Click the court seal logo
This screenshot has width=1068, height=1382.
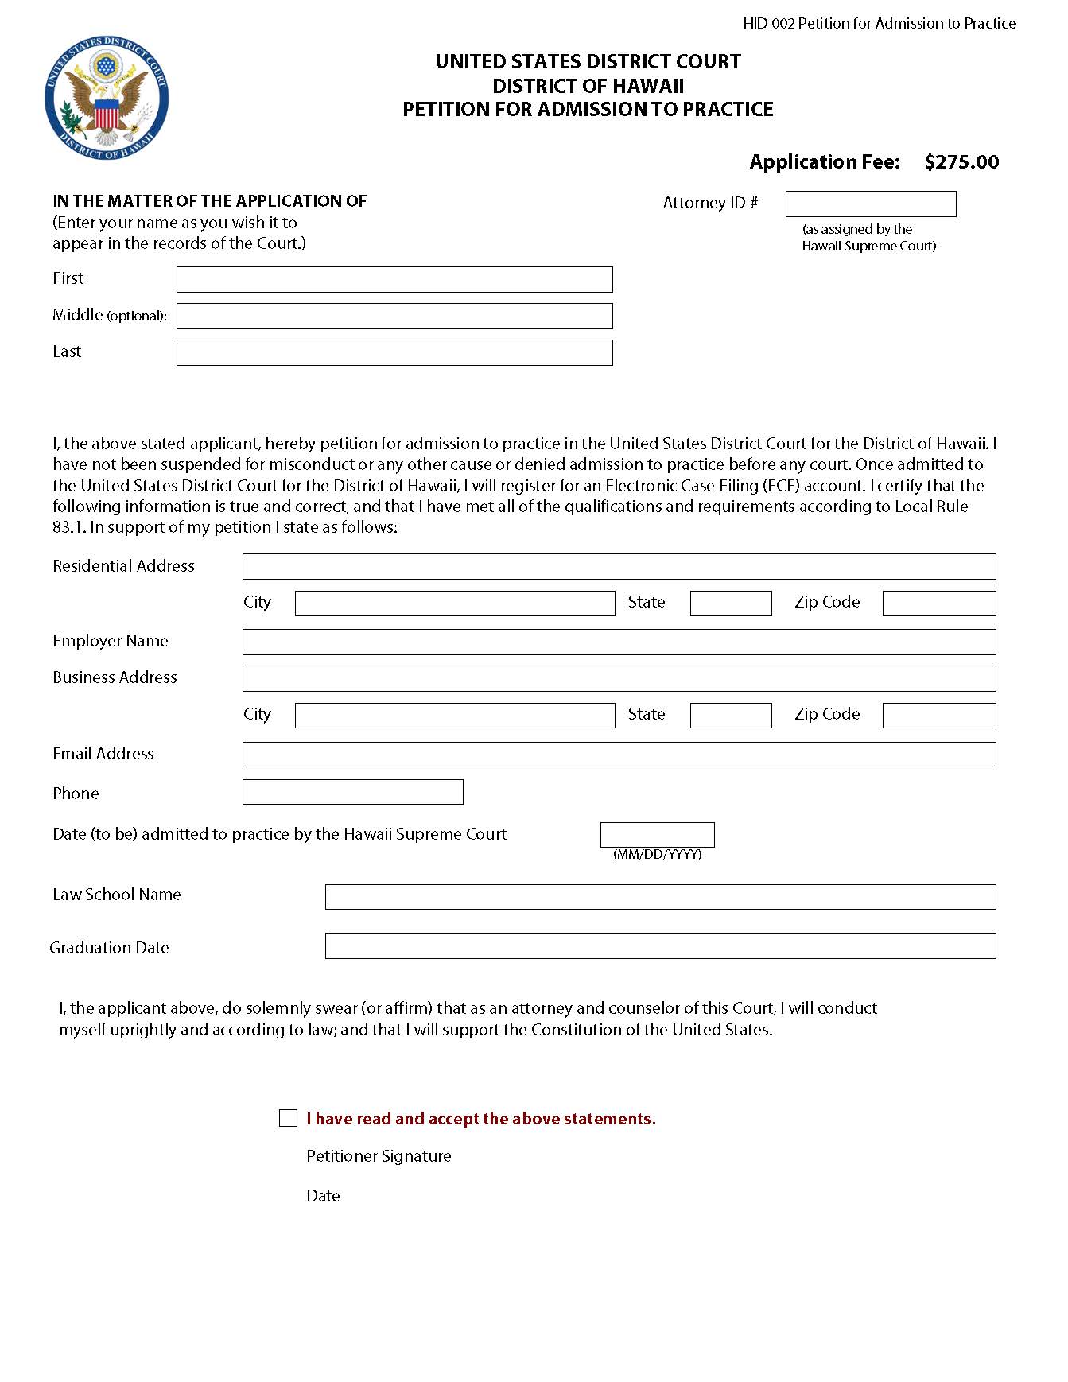pyautogui.click(x=107, y=99)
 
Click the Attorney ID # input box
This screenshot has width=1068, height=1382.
pyautogui.click(x=870, y=204)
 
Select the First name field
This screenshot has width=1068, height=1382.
pyautogui.click(x=394, y=280)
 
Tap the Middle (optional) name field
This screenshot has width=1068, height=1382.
pyautogui.click(x=394, y=316)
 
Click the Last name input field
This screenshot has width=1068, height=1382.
pyautogui.click(x=394, y=353)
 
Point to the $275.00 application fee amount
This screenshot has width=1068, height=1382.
pyautogui.click(x=961, y=162)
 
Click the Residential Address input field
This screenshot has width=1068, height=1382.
pyautogui.click(x=619, y=567)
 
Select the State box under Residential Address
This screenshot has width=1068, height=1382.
pyautogui.click(x=730, y=604)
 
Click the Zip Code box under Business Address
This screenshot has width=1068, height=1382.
pyautogui.click(x=938, y=716)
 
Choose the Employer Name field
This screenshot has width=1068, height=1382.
pyautogui.click(x=619, y=642)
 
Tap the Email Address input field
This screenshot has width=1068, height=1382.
pyautogui.click(x=619, y=755)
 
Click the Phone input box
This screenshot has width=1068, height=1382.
pyautogui.click(x=352, y=792)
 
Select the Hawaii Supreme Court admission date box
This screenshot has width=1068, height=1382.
pyautogui.click(x=657, y=835)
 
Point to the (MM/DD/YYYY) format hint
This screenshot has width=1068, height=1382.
pyautogui.click(x=657, y=855)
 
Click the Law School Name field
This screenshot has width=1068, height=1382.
pyautogui.click(x=660, y=897)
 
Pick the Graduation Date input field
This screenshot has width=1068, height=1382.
pyautogui.click(x=660, y=946)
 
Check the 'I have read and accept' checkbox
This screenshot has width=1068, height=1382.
pyautogui.click(x=288, y=1118)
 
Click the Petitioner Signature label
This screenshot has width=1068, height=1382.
pyautogui.click(x=379, y=1156)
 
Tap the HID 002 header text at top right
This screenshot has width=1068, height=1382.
pyautogui.click(x=879, y=24)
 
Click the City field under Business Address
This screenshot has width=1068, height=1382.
pyautogui.click(x=455, y=716)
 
